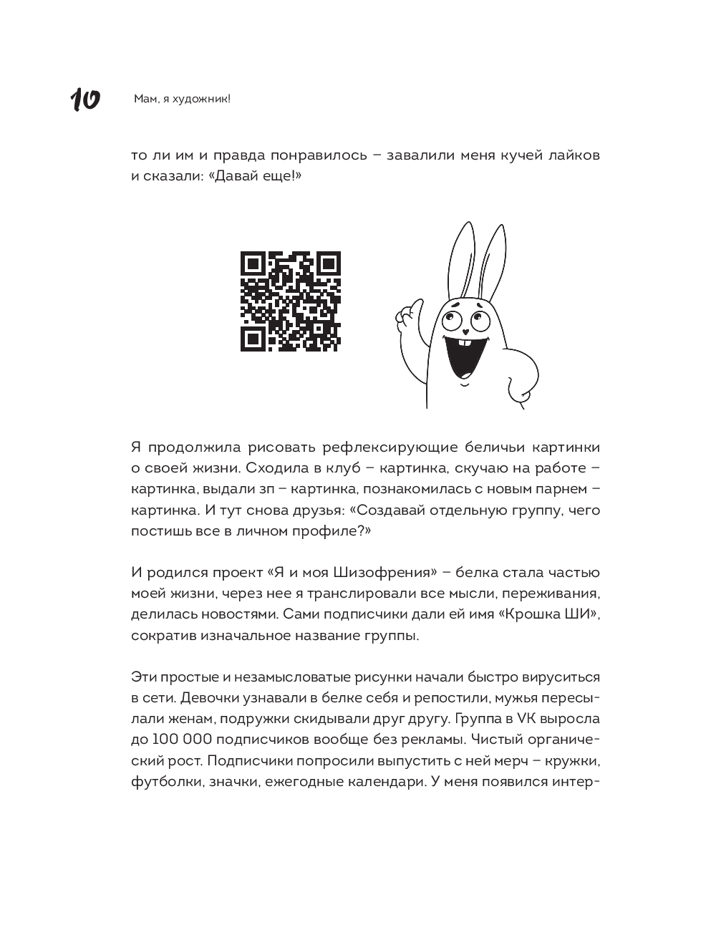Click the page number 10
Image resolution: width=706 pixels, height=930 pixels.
tap(84, 100)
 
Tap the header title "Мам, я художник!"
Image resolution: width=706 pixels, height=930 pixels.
tap(182, 100)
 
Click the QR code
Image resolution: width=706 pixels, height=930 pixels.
tap(290, 301)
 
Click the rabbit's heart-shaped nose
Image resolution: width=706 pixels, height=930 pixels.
tap(465, 331)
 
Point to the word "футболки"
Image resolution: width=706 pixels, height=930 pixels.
tap(165, 781)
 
